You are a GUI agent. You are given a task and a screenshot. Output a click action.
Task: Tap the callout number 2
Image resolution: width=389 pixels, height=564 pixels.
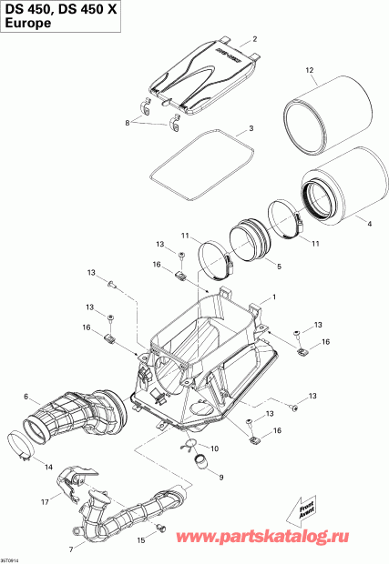pos(254,39)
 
